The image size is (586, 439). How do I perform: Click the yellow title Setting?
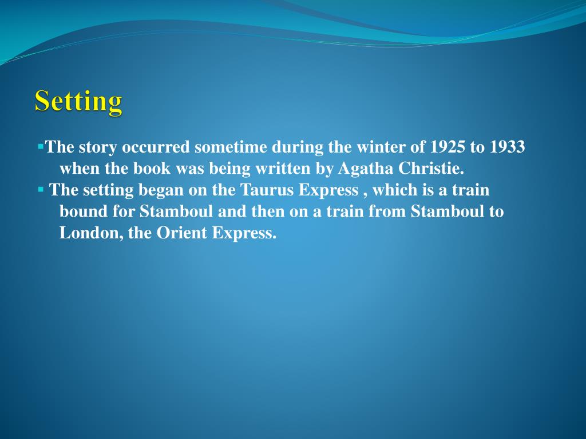[78, 102]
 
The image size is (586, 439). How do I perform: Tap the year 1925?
[448, 147]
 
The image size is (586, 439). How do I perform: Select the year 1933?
[506, 147]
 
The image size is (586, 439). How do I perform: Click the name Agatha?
[359, 169]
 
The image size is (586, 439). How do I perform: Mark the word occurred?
[155, 147]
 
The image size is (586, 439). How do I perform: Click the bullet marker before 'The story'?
[41, 146]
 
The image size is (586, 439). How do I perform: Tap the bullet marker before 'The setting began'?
[41, 189]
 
